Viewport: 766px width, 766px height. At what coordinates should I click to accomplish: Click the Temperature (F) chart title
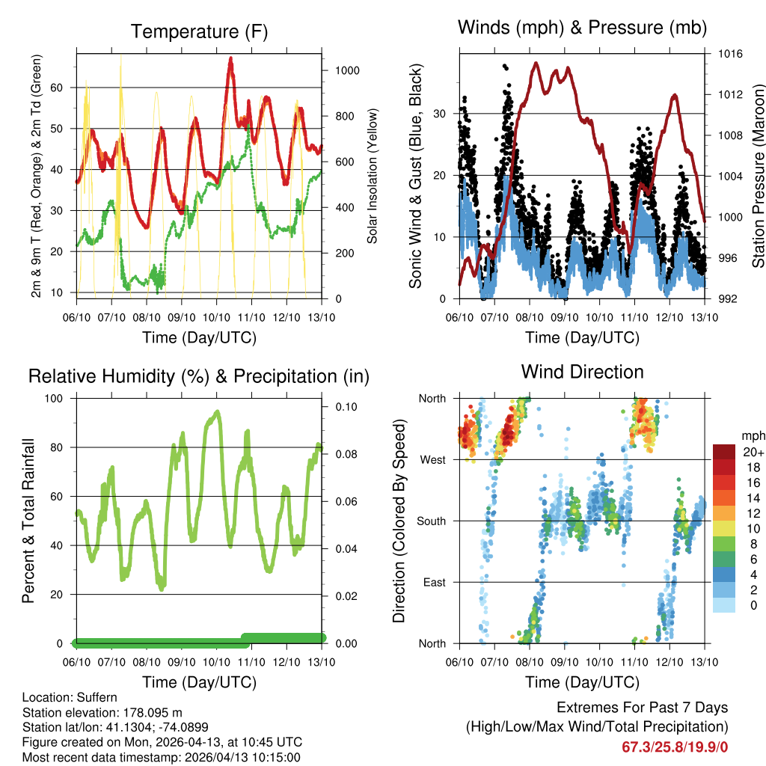199,32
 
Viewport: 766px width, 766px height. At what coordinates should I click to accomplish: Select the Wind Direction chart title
582,372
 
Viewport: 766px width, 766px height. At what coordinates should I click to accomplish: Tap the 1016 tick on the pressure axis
730,55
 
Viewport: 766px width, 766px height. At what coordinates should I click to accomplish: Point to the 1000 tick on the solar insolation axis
348,71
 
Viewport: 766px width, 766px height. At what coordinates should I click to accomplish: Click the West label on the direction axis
432,459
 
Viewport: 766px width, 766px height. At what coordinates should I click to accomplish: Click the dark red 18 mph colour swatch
723,466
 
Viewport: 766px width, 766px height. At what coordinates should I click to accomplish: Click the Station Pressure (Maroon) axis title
757,177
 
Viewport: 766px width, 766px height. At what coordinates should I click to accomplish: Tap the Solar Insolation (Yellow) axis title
373,177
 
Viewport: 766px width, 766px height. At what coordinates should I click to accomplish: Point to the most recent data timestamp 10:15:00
275,758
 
